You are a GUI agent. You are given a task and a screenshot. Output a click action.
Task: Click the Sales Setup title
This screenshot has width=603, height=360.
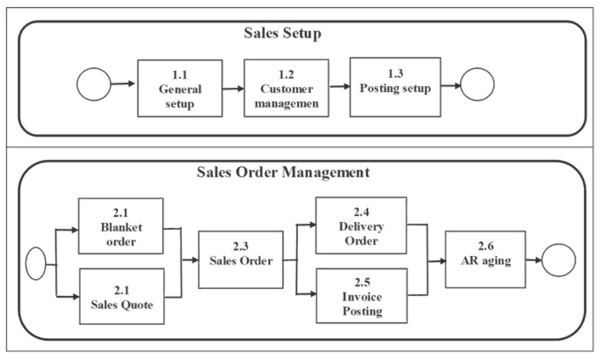point(283,33)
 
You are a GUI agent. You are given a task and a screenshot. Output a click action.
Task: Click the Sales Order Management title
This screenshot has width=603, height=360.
point(283,172)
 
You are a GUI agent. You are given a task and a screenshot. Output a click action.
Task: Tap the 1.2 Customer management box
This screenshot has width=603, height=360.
point(286,89)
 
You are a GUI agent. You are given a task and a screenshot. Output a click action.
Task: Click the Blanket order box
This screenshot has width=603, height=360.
point(121,225)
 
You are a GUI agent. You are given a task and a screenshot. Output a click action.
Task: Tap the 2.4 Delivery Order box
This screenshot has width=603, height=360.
point(361,225)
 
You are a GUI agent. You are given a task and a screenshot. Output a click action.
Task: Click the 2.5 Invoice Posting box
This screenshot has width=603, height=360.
point(361,295)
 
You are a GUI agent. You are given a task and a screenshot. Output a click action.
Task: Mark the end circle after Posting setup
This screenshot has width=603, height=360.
point(477,85)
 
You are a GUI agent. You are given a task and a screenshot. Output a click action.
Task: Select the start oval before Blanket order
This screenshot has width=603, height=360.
point(36,264)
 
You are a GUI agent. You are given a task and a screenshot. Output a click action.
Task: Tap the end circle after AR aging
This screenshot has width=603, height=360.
point(558,260)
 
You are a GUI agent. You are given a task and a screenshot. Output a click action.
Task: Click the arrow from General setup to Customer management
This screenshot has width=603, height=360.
point(233,88)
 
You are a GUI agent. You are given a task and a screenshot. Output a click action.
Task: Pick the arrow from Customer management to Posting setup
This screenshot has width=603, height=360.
point(339,86)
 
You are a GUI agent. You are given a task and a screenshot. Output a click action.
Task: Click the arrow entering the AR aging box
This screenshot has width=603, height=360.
point(436,261)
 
